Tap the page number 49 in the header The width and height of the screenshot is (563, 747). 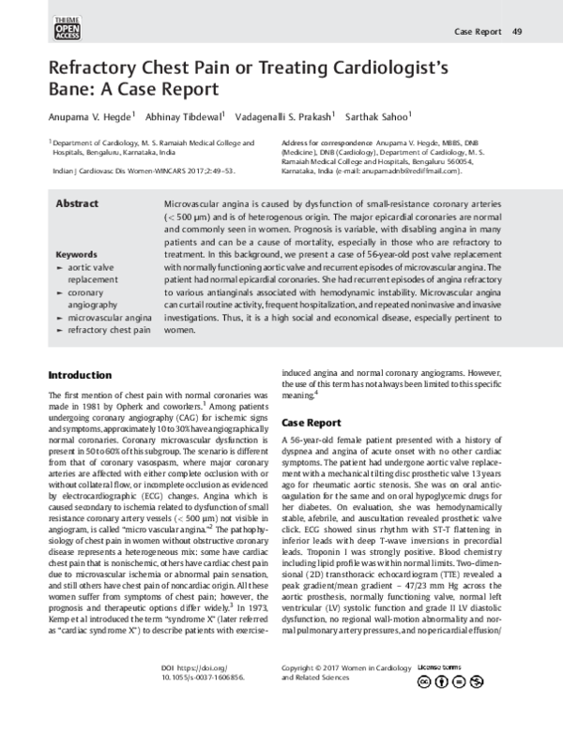point(517,33)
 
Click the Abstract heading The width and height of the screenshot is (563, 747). point(78,202)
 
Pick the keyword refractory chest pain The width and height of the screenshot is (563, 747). point(109,332)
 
